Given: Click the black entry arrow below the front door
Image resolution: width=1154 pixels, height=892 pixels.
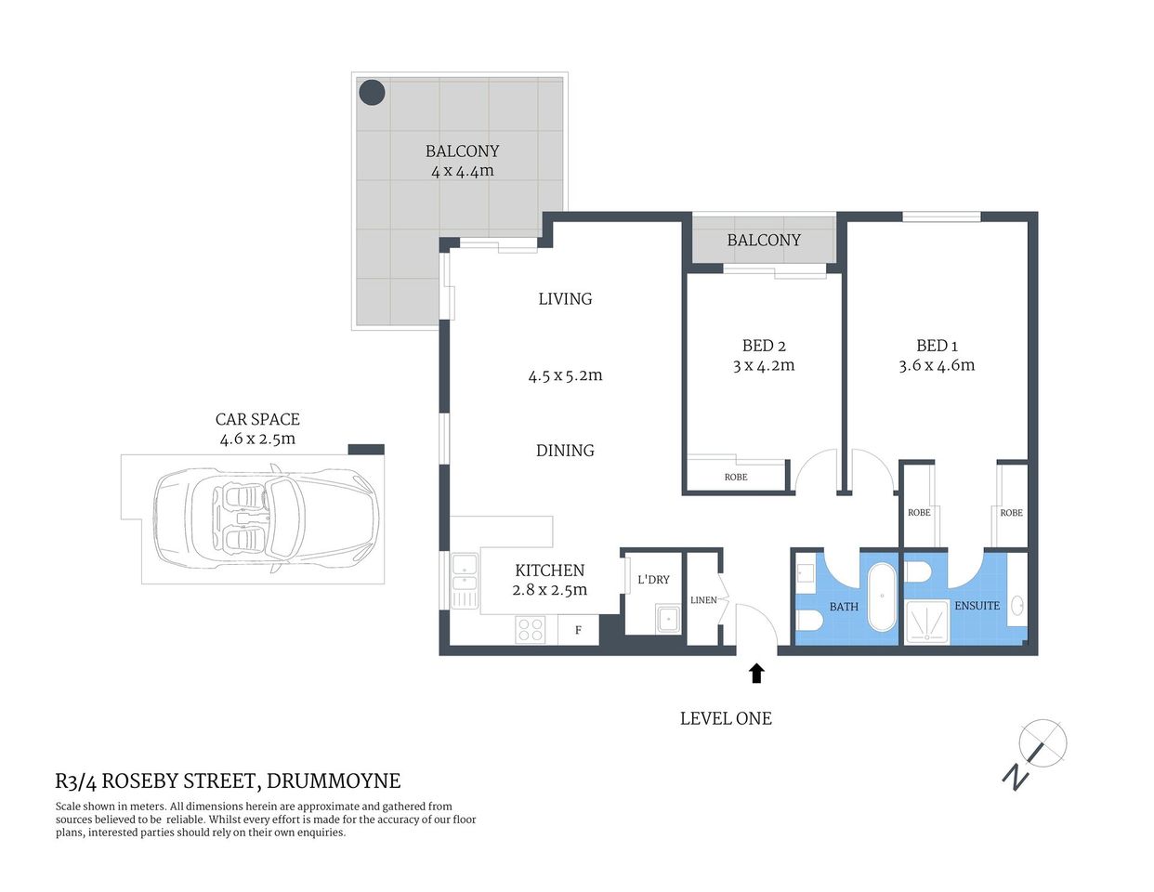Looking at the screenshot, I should tap(756, 673).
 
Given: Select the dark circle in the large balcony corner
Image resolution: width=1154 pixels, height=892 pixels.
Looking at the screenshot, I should tap(372, 92).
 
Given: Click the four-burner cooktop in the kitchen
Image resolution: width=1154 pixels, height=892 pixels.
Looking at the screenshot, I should tap(531, 630).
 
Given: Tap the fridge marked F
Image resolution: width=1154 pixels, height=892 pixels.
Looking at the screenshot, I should tap(578, 630).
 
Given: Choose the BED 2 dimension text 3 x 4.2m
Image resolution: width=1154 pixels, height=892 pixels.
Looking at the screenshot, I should tap(763, 365).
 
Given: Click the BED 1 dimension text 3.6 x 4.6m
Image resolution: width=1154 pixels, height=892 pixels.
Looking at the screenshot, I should tap(937, 365).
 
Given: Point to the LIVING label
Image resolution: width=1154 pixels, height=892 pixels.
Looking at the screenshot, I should tap(565, 298).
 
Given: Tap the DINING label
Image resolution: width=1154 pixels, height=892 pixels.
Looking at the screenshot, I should tap(565, 450).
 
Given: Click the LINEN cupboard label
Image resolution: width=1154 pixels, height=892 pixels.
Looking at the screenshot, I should tap(703, 600).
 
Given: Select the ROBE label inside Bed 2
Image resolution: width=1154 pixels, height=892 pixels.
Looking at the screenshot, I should tap(736, 477).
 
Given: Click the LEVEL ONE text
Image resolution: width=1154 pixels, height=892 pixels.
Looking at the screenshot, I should tap(726, 718).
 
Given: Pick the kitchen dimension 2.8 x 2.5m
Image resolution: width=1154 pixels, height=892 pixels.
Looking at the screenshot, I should tap(550, 590).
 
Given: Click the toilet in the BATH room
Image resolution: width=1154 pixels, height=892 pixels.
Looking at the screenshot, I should tap(808, 619).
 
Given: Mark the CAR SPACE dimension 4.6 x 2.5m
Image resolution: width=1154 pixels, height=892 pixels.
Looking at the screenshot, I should tap(257, 439).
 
